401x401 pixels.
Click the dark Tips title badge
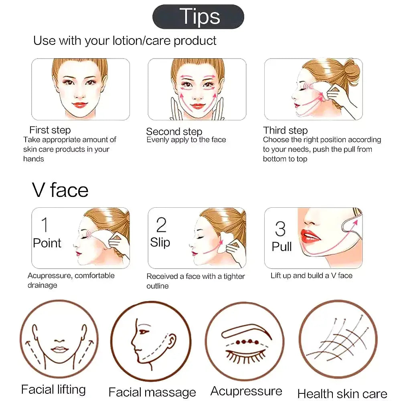(x=198, y=16)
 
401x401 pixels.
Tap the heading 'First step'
(x=50, y=130)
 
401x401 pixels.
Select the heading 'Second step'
(x=174, y=132)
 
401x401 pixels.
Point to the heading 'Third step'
(x=286, y=130)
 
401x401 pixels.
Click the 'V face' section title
(x=60, y=190)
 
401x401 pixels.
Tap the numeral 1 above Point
(x=45, y=225)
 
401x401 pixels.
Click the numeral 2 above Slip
(x=161, y=225)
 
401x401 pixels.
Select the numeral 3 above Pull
(x=280, y=229)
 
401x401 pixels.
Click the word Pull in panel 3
(x=282, y=247)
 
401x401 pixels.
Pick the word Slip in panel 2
(x=160, y=242)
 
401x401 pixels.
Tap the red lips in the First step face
(x=80, y=105)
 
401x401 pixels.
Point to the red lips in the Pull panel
(x=310, y=237)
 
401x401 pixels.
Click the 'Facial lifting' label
(x=53, y=389)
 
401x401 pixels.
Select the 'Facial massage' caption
(x=152, y=392)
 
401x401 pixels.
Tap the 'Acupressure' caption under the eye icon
(x=246, y=391)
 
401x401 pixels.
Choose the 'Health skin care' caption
(x=342, y=394)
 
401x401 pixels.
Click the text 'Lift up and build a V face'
(x=312, y=275)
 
